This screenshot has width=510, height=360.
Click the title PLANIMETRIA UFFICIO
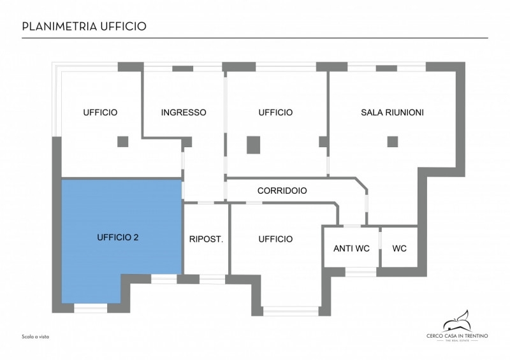[x=84, y=26]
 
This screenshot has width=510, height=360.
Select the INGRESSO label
[x=184, y=113]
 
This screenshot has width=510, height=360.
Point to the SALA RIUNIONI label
[x=392, y=113]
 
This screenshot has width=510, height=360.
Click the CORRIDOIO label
[x=282, y=191]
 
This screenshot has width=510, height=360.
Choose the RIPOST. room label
[x=205, y=240]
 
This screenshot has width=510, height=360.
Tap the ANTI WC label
[x=351, y=248]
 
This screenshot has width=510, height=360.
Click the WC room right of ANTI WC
[x=399, y=248]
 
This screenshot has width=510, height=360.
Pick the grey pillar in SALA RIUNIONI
[x=393, y=141]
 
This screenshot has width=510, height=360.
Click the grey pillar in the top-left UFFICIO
[x=122, y=141]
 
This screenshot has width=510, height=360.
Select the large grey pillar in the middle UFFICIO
[x=254, y=145]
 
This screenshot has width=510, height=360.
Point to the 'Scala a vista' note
[x=36, y=336]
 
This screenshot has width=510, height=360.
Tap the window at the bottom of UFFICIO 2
[x=91, y=308]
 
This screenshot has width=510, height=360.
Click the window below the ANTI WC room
[x=361, y=271]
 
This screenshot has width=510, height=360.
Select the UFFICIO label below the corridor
[x=275, y=240]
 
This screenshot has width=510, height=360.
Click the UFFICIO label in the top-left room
[x=100, y=113]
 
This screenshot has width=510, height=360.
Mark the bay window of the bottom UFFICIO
[x=291, y=311]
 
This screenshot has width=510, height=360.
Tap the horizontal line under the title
[x=255, y=38]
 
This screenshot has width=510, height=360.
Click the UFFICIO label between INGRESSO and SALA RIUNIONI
[x=275, y=113]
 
